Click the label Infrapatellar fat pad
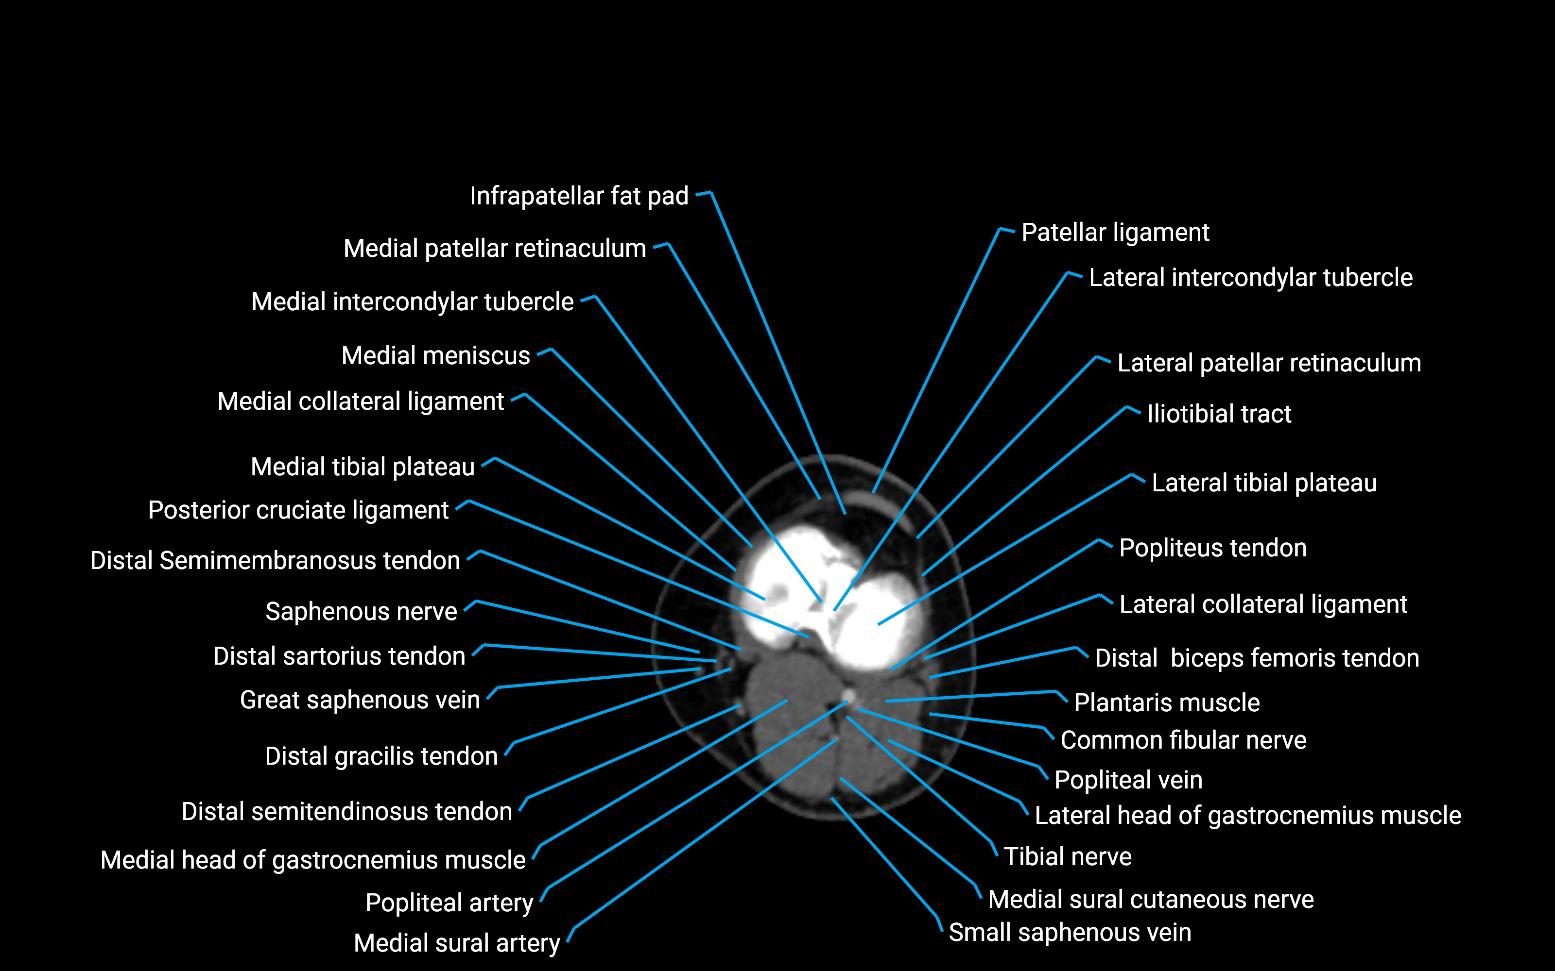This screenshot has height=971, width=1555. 578,196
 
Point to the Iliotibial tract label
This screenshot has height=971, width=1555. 1218,414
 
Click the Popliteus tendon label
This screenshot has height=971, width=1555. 1212,548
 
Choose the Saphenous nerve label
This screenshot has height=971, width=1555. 361,611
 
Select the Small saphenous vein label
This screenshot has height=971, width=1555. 1069,932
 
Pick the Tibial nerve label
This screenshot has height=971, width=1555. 1067,857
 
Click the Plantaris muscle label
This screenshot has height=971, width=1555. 1166,703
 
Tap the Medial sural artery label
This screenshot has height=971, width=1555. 456,943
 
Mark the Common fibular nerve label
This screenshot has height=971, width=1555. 1183,740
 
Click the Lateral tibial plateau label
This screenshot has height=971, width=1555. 1263,483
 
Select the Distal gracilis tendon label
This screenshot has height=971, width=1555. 381,756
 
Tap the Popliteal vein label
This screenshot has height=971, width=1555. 1128,780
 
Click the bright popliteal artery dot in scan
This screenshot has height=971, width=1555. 849,696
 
